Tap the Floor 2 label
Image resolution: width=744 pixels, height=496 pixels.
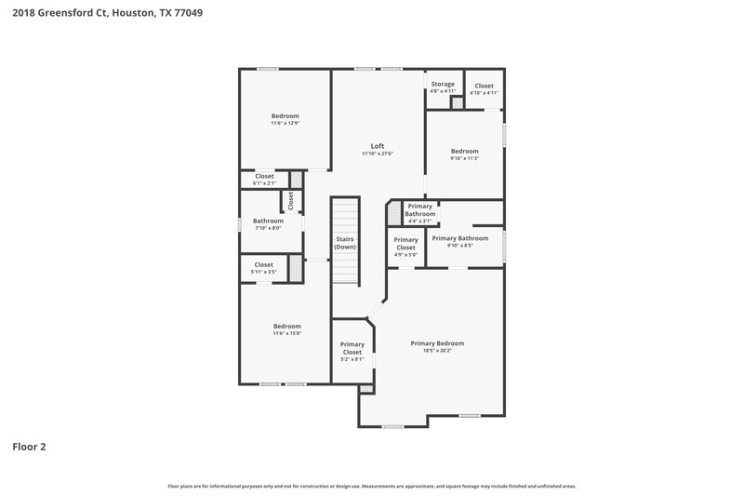29,447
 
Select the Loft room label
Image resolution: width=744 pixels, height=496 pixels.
378,146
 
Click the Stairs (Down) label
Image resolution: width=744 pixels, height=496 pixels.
345,243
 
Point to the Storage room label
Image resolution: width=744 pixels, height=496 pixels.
443,85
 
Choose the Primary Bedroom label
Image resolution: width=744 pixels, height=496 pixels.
437,343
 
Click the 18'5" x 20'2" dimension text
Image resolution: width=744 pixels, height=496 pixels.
437,352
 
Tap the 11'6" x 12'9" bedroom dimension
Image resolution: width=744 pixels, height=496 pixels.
285,123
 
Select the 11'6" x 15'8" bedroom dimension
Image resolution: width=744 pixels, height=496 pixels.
286,333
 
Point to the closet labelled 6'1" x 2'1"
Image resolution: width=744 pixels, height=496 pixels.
264,179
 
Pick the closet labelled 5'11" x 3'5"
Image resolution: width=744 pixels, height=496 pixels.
264,268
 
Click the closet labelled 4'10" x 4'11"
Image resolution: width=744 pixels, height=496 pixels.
484,88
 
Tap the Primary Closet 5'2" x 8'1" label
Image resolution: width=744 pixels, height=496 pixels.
352,351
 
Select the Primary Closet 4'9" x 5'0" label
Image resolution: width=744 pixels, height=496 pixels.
405,247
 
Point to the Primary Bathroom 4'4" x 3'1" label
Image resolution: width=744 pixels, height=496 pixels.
420,212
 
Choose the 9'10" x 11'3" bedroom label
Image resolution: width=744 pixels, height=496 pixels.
464,154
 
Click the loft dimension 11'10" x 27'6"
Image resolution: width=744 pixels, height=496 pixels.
378,154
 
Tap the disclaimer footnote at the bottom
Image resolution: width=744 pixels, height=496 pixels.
372,486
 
